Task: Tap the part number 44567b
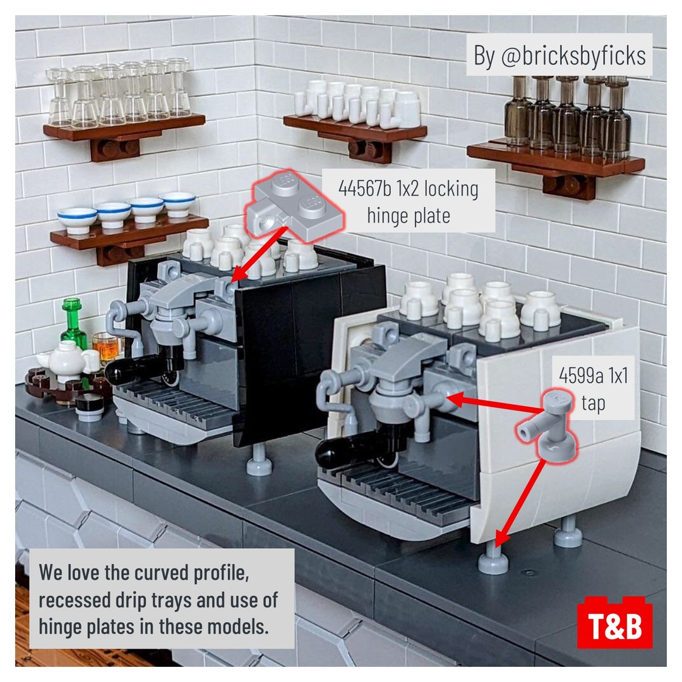click(365, 189)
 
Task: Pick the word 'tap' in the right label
click(593, 404)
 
